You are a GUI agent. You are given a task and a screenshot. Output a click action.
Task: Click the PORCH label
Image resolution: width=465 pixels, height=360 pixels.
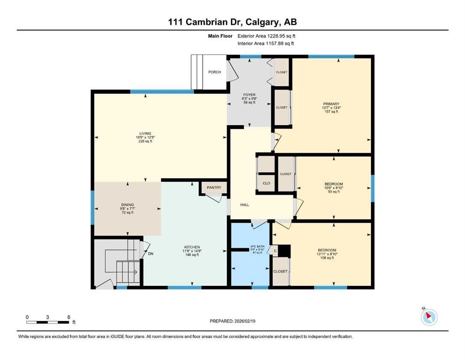[214, 72]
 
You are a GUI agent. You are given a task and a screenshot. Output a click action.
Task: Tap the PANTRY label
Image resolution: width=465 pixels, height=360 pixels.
[214, 187]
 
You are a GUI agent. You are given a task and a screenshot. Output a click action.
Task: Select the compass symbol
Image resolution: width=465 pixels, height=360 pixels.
[429, 317]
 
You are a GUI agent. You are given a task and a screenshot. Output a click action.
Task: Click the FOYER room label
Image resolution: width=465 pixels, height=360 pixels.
[249, 95]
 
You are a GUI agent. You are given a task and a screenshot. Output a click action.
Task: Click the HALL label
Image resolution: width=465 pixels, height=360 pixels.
[244, 205]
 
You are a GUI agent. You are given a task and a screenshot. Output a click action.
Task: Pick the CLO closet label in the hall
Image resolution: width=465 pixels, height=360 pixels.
[266, 183]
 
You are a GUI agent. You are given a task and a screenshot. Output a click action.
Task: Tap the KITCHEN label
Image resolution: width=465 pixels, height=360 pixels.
[192, 247]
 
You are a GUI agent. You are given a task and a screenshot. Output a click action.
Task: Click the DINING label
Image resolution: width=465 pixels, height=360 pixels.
[127, 205]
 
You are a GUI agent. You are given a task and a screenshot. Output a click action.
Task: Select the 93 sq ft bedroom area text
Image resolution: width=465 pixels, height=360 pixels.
[333, 192]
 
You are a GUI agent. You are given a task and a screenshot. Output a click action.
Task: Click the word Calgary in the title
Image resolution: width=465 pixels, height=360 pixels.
[257, 22]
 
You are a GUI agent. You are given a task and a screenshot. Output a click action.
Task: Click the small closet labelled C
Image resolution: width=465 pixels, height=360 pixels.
[275, 251]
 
